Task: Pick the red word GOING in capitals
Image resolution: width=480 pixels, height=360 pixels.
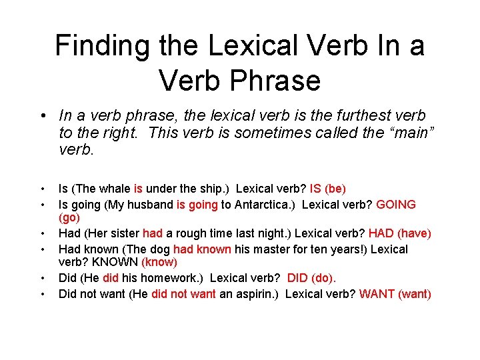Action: (396, 205)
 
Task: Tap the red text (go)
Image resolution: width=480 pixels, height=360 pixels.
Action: (69, 218)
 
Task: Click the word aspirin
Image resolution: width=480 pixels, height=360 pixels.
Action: (255, 294)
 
